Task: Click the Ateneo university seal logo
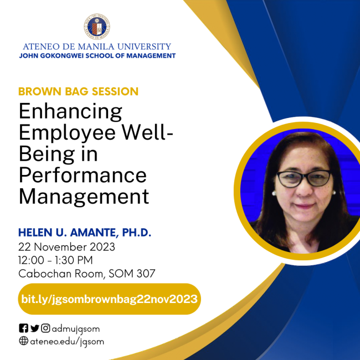(x=97, y=27)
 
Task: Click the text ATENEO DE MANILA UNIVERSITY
(x=97, y=47)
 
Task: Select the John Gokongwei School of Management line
(x=97, y=56)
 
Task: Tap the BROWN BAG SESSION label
(x=78, y=91)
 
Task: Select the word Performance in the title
(x=83, y=175)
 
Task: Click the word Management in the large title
(x=84, y=196)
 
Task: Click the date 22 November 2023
(x=66, y=246)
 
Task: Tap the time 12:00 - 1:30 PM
(x=55, y=260)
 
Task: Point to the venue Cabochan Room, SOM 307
(x=86, y=273)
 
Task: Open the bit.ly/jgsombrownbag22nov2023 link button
(x=109, y=299)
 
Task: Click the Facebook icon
(x=23, y=328)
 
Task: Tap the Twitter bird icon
(x=34, y=328)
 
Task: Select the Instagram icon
(x=45, y=328)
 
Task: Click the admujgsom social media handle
(x=76, y=328)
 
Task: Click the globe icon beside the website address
(x=23, y=341)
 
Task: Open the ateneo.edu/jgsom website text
(x=67, y=341)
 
